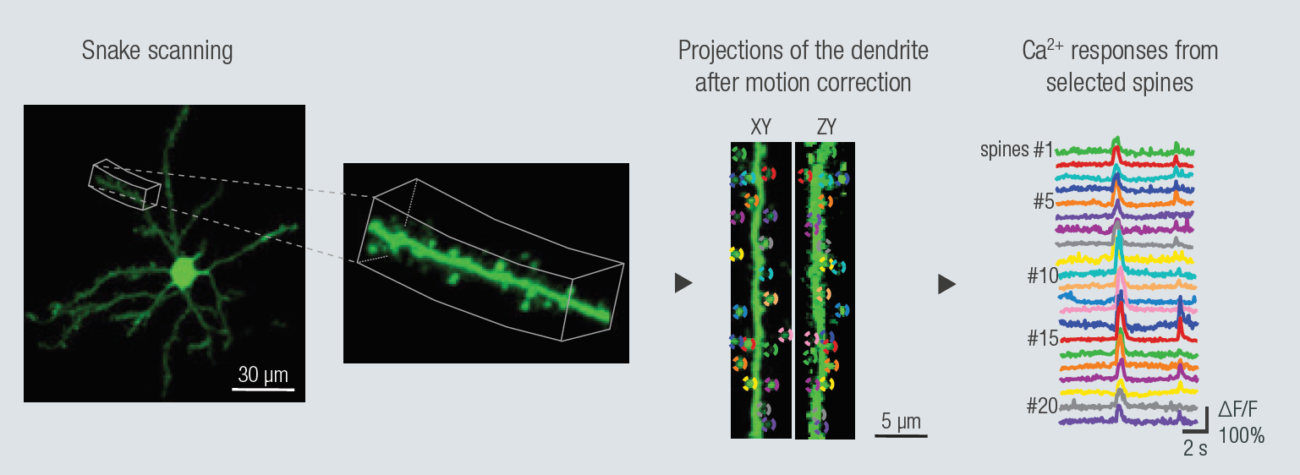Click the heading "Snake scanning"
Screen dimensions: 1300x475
point(157,51)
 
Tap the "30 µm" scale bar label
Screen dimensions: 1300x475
point(263,374)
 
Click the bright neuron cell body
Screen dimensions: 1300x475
point(184,273)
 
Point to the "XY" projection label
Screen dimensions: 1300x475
point(760,127)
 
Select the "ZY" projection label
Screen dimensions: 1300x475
point(826,127)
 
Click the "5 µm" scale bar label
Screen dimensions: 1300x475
point(901,421)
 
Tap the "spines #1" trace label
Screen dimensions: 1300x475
point(1017,150)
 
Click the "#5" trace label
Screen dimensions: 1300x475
point(1044,202)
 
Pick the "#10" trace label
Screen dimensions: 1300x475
point(1043,276)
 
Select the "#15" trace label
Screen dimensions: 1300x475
point(1043,338)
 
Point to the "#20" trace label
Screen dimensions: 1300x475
point(1042,406)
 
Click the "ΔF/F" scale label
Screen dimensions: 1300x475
point(1237,409)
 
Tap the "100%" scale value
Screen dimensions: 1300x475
point(1241,435)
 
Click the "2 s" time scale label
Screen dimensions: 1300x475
point(1195,448)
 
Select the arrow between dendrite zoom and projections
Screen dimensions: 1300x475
point(683,283)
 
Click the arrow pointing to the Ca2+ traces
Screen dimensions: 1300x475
point(947,284)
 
